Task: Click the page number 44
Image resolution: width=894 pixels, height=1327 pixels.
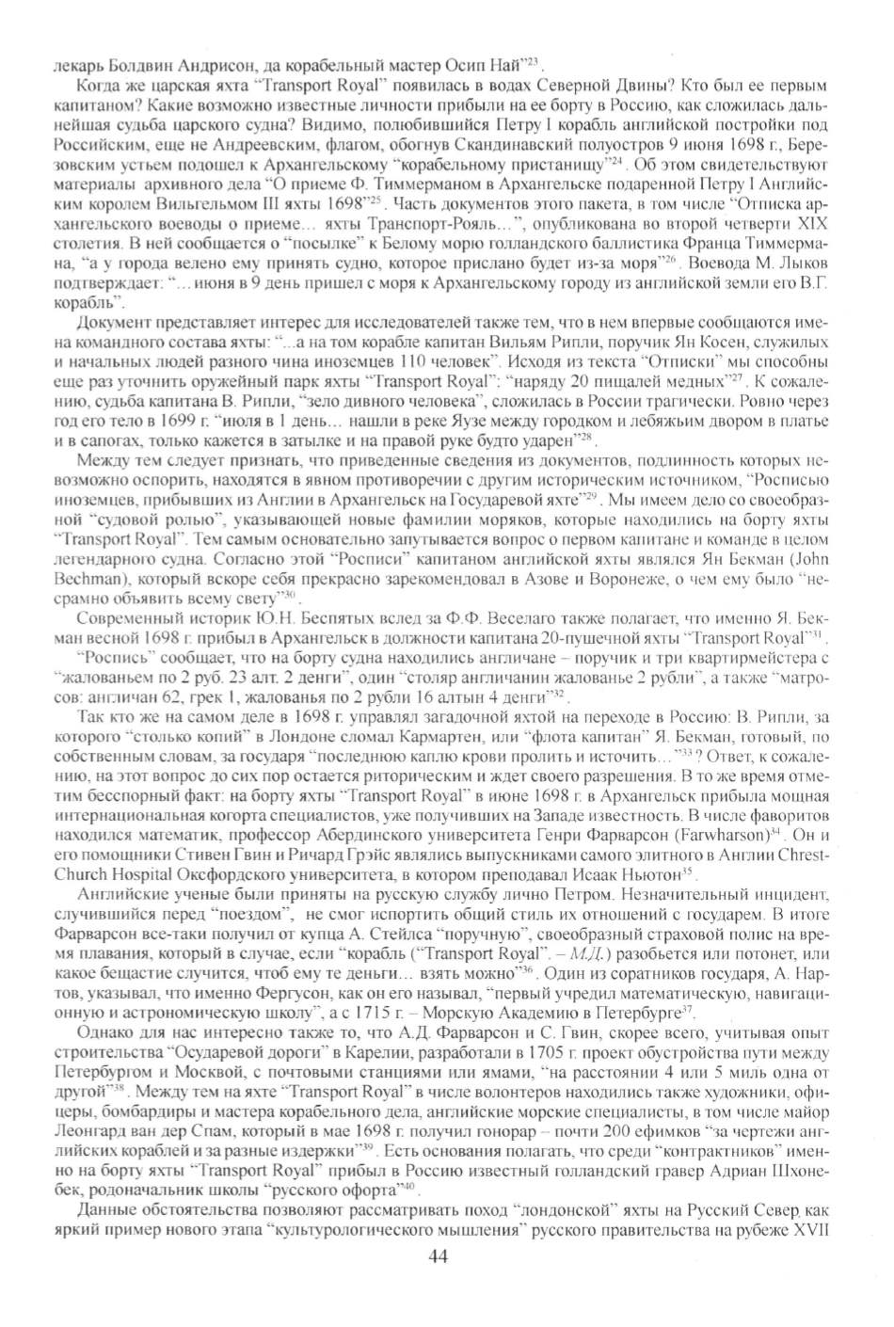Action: (x=439, y=1256)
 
